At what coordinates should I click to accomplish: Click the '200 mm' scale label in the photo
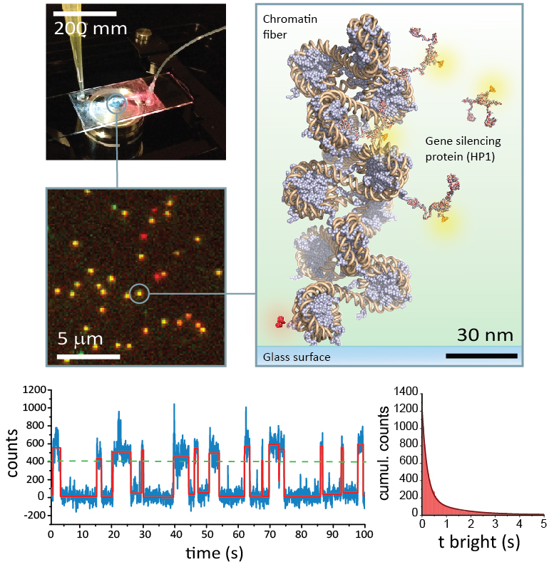click(91, 29)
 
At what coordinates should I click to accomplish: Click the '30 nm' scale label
click(483, 333)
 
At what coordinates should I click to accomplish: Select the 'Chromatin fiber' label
click(284, 28)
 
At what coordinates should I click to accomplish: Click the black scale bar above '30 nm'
click(481, 354)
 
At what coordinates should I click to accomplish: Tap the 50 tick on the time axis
click(207, 532)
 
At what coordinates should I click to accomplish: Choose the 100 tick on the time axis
click(364, 532)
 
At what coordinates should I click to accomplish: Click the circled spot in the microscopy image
click(140, 292)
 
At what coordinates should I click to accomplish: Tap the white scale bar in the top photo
click(85, 14)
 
